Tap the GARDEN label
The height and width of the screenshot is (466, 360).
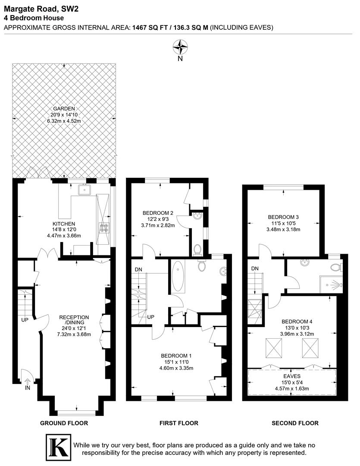click(64, 109)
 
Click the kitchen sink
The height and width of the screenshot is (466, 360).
click(84, 189)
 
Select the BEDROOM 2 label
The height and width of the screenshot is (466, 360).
click(158, 213)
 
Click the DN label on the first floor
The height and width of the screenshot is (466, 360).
click(138, 269)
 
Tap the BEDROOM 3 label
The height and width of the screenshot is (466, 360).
click(283, 217)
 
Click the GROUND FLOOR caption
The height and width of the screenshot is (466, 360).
click(64, 423)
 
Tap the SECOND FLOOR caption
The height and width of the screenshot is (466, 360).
click(295, 423)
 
